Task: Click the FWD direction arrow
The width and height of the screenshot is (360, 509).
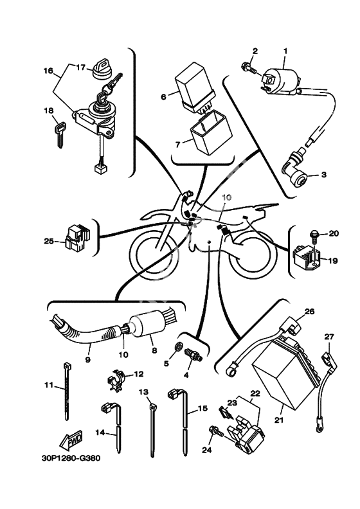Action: [x=71, y=440]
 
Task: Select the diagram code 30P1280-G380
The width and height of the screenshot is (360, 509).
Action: [x=71, y=458]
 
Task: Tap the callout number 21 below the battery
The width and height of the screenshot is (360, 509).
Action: [x=279, y=420]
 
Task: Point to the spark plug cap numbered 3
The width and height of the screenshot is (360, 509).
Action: [x=294, y=173]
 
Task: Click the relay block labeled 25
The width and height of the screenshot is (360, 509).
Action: [x=77, y=238]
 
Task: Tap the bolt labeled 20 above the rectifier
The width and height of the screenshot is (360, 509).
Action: [x=314, y=236]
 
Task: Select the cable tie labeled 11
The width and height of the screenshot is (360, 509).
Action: [x=67, y=391]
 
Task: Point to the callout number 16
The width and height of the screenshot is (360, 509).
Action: [x=48, y=71]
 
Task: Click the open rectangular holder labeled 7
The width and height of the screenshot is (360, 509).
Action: [x=211, y=132]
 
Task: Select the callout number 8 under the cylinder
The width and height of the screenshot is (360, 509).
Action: [x=154, y=351]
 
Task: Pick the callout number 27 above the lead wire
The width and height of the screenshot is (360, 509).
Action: [x=329, y=337]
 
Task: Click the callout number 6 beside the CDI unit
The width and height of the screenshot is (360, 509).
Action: [x=163, y=96]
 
